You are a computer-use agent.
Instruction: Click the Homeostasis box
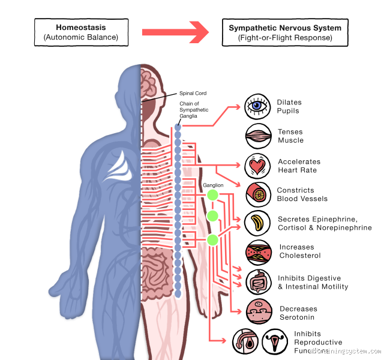pos(81,32)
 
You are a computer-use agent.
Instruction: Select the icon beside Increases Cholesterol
pos(259,252)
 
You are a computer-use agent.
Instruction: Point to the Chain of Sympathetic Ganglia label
pos(193,110)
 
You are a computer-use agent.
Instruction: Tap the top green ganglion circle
pos(212,195)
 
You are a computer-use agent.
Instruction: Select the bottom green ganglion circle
pos(212,241)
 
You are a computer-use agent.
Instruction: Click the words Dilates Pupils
pos(289,107)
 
